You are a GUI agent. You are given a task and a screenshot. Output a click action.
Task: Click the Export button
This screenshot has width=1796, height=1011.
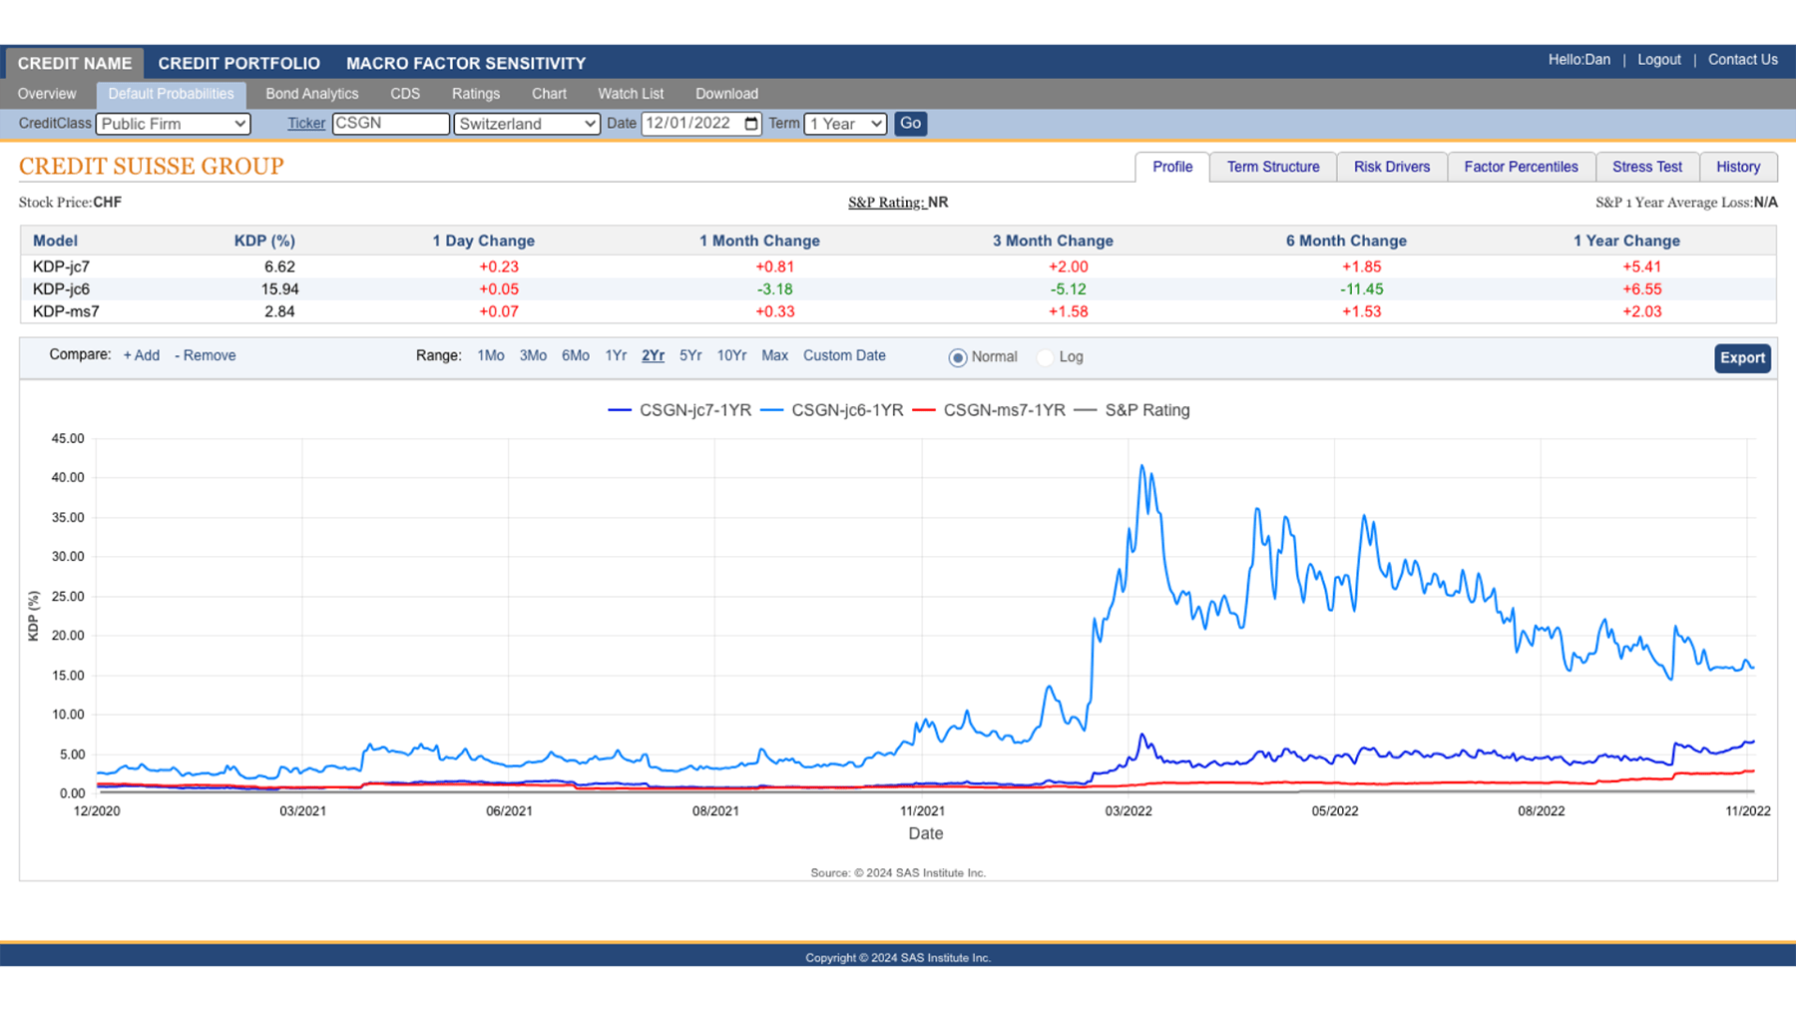tap(1742, 358)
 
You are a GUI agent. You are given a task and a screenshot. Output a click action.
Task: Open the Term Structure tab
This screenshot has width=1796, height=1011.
tap(1272, 167)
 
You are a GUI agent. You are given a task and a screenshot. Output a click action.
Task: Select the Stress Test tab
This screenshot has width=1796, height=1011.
tap(1646, 167)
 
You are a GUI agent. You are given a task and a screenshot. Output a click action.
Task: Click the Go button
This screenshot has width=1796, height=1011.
tap(910, 124)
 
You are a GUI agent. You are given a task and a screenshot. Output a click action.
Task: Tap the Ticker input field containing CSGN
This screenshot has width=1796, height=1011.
tap(390, 124)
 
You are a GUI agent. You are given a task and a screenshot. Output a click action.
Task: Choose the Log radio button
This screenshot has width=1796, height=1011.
tap(1046, 357)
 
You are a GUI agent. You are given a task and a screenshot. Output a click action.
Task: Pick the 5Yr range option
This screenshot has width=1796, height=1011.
tap(690, 355)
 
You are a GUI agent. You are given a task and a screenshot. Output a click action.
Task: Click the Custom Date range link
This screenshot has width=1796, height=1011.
tap(844, 355)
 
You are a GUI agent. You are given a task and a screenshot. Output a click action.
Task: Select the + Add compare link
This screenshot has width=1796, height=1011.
tap(141, 355)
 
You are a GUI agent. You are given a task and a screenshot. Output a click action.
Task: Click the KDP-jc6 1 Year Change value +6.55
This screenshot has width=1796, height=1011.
tap(1641, 289)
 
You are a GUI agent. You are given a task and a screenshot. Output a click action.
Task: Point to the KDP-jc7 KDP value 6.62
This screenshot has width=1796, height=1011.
tap(279, 266)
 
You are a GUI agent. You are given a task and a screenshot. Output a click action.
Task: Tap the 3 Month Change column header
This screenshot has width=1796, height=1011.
tap(1053, 241)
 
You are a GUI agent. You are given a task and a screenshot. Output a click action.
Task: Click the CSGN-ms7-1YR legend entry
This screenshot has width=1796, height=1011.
tap(1003, 410)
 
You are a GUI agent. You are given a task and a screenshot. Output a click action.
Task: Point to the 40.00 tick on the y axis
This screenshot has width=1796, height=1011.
tap(68, 478)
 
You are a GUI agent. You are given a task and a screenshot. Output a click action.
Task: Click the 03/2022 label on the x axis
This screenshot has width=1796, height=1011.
tap(1128, 811)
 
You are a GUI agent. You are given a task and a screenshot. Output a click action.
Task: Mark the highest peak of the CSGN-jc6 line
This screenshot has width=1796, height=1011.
tap(1142, 466)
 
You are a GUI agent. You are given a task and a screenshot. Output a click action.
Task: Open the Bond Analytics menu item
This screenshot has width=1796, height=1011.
tap(311, 94)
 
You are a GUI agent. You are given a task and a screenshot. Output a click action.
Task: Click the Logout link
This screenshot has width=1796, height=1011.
tap(1658, 60)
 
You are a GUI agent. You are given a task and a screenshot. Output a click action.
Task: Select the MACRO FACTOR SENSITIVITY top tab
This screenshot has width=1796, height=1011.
tap(466, 63)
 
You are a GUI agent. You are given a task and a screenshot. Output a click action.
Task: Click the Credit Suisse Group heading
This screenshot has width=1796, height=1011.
tap(152, 166)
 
